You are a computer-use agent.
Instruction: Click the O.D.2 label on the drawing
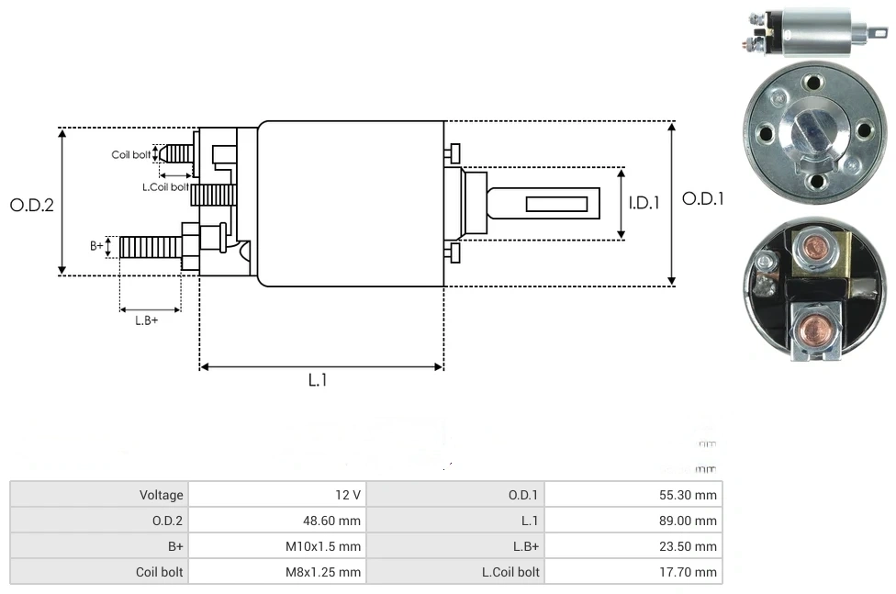tap(32, 205)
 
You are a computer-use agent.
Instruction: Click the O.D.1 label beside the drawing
tap(703, 198)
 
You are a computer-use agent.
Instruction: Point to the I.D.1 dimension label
tap(644, 203)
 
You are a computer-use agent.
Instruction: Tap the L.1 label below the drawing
tap(318, 380)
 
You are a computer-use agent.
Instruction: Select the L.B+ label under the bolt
tap(147, 320)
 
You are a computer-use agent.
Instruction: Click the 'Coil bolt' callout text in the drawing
tap(130, 154)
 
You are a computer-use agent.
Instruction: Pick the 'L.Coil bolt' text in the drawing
tap(165, 187)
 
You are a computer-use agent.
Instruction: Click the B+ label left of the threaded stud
tap(97, 246)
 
